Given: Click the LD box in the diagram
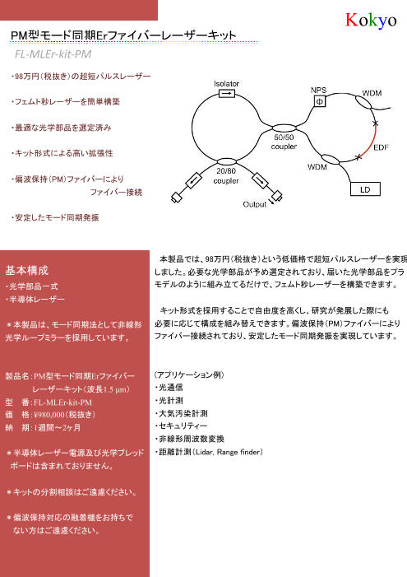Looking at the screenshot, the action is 363,188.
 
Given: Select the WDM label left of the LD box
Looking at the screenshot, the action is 318,167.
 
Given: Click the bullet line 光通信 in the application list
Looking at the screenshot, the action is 170,385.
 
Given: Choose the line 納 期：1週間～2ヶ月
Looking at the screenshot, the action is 46,428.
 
